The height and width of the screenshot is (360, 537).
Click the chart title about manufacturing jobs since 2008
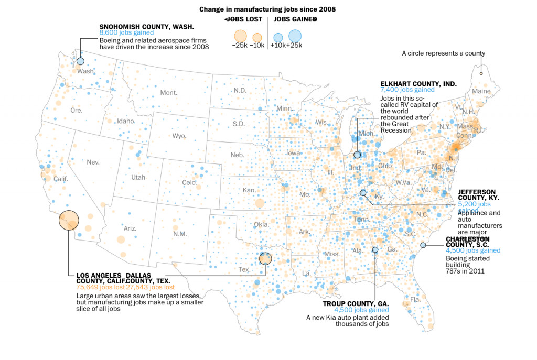tap(267, 9)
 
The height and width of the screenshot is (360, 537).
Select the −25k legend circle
tap(240, 36)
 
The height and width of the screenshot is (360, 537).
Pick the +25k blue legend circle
tap(295, 36)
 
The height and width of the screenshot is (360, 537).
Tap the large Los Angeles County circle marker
tap(69, 220)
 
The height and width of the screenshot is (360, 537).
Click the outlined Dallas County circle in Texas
tap(265, 258)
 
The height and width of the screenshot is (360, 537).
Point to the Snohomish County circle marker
tap(80, 61)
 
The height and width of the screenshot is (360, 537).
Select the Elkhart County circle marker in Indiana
tap(357, 155)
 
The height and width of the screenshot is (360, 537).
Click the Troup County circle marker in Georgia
tap(375, 250)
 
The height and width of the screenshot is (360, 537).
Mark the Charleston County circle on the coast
tap(423, 245)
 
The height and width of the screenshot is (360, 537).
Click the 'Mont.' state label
tap(169, 93)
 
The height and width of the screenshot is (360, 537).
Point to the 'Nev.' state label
tap(93, 162)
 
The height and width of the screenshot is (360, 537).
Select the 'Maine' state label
tap(481, 91)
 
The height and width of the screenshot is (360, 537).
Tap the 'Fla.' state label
tap(415, 300)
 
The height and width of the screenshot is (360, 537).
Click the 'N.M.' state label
tap(180, 234)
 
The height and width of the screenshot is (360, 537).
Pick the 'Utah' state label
tap(138, 178)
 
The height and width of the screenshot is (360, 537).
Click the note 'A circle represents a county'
tap(443, 53)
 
